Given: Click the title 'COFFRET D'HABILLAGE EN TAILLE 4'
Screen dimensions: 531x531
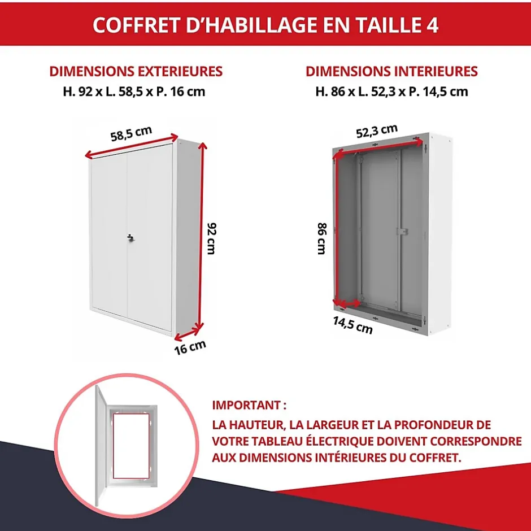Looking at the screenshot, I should point(265,25).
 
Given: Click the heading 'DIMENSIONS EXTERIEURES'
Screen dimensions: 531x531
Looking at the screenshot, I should point(136,72).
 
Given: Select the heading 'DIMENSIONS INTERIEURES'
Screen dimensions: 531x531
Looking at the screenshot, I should point(391,72).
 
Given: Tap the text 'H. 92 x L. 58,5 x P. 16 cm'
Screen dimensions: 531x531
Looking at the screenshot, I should point(134,91).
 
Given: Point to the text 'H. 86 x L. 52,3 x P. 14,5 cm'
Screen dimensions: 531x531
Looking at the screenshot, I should point(391,91).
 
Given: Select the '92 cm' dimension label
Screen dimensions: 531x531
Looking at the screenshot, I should point(211,238).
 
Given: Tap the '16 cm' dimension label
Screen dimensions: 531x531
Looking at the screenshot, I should point(189,346).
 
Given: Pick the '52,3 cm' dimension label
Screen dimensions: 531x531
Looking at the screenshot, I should point(377,131).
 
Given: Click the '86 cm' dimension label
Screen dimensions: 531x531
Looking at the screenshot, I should point(321,238).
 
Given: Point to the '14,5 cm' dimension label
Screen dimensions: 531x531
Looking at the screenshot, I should point(352,325).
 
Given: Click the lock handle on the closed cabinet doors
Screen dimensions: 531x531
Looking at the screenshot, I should point(130,238).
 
